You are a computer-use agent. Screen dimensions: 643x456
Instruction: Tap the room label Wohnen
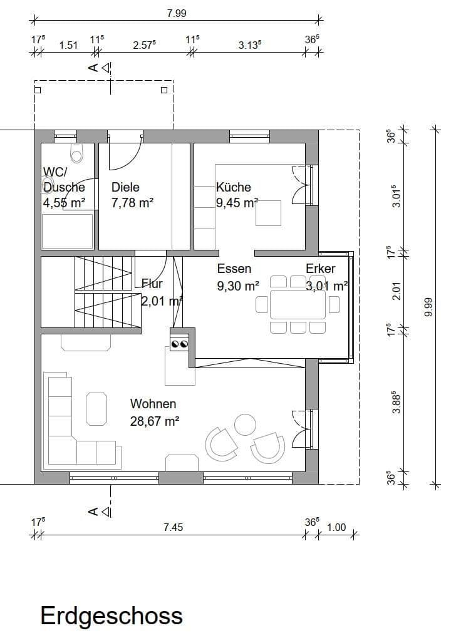(x=153, y=404)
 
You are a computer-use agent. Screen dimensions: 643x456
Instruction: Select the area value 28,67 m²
(x=155, y=421)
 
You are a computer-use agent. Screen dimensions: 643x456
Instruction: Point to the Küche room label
(x=233, y=187)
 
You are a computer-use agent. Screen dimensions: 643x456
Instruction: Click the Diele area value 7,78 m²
(x=133, y=202)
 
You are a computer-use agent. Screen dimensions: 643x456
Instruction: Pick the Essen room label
(x=234, y=269)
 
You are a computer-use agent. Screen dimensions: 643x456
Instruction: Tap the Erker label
(x=320, y=269)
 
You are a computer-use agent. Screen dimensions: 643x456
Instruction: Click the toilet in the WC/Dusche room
(x=77, y=152)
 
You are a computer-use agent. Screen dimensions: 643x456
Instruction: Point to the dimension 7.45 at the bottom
(x=173, y=527)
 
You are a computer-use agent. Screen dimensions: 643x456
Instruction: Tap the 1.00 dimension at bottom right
(x=336, y=527)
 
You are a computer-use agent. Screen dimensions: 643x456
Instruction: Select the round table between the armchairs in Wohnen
(x=245, y=424)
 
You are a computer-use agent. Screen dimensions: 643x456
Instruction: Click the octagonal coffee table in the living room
(x=96, y=408)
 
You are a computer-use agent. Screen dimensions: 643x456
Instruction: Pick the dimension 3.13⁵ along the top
(x=250, y=45)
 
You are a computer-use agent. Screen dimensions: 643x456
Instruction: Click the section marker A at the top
(x=93, y=68)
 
